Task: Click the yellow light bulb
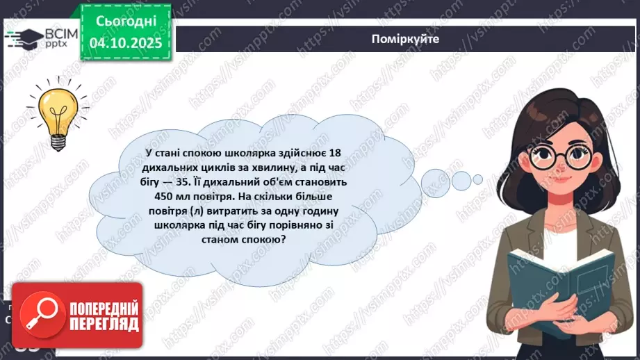point(57,111)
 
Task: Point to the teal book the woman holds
point(559,278)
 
